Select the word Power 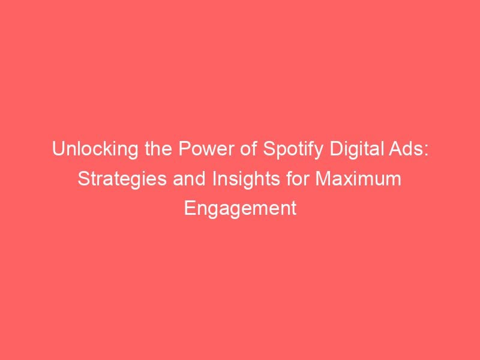(x=197, y=149)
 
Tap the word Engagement (x=240, y=208)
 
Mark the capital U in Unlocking (x=58, y=149)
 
